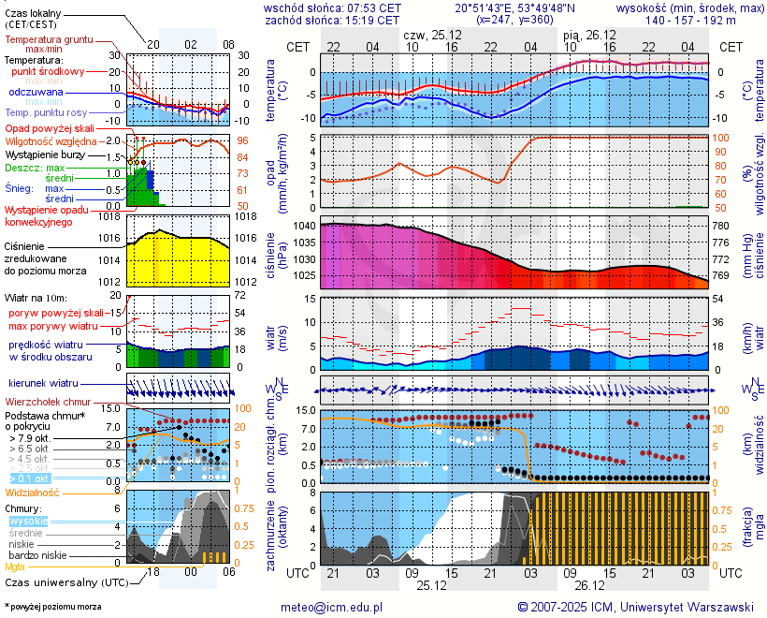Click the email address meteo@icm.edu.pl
coord(332,607)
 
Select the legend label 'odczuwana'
coord(36,93)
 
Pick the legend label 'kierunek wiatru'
coord(44,384)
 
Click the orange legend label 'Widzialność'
coord(33,492)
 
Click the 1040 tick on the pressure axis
coord(304,226)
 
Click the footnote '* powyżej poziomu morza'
coord(52,607)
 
